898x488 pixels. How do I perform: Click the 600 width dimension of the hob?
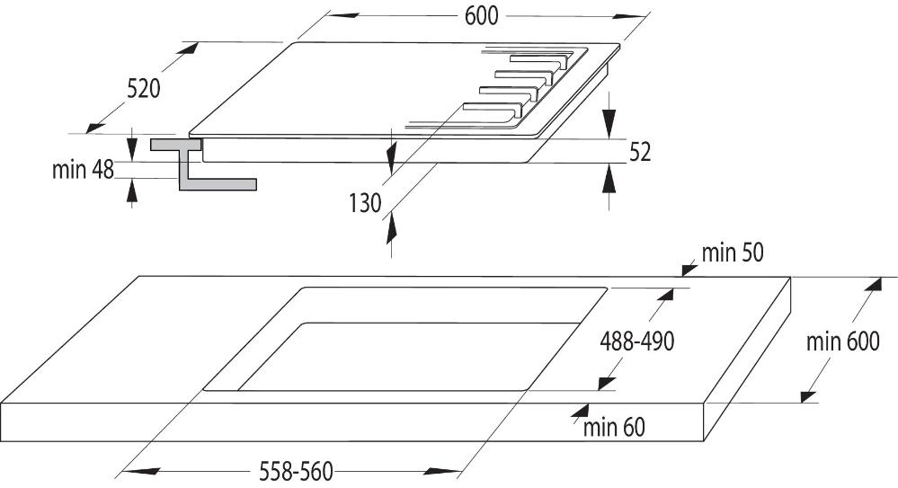pyautogui.click(x=481, y=16)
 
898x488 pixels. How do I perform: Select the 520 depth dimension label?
pyautogui.click(x=143, y=89)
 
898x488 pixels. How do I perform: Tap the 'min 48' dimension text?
pyautogui.click(x=83, y=170)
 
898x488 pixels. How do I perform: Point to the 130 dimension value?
pyautogui.click(x=365, y=203)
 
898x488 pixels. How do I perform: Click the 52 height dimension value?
pyautogui.click(x=640, y=153)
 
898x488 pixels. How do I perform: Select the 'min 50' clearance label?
pyautogui.click(x=733, y=253)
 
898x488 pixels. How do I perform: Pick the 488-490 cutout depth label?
pyautogui.click(x=636, y=342)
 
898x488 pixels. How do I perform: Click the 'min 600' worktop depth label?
pyautogui.click(x=842, y=342)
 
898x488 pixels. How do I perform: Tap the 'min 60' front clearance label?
pyautogui.click(x=614, y=427)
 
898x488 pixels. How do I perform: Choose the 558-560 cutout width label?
pyautogui.click(x=296, y=472)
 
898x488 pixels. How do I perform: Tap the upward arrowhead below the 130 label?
pyautogui.click(x=391, y=230)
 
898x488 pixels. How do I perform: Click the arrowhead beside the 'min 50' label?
pyautogui.click(x=689, y=268)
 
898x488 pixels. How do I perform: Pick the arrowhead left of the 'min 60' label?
pyautogui.click(x=580, y=412)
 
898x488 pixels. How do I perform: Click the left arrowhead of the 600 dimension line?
pyautogui.click(x=342, y=15)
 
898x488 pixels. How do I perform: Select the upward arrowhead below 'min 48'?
pyautogui.click(x=132, y=191)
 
